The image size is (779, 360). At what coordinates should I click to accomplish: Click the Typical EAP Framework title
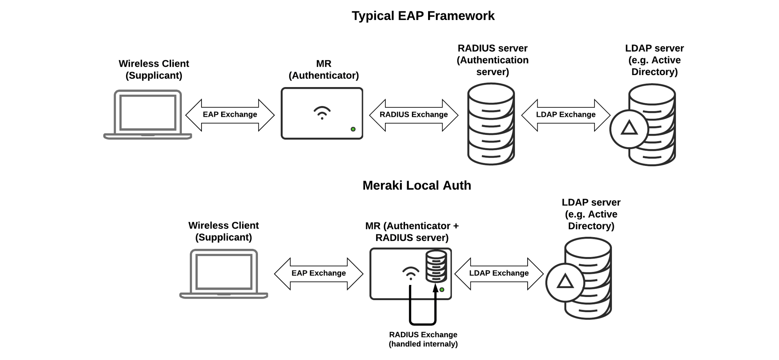click(423, 16)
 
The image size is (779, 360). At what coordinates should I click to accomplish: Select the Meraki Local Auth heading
click(417, 186)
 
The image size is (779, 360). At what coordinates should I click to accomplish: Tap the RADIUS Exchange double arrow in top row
click(414, 115)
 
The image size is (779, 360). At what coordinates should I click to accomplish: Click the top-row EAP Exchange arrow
click(230, 115)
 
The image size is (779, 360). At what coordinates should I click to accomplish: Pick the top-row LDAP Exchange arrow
click(565, 115)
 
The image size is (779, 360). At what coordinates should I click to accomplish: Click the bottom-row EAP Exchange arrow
click(319, 274)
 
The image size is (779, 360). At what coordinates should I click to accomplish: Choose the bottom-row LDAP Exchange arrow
click(499, 274)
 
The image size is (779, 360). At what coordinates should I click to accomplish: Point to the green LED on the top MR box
click(353, 129)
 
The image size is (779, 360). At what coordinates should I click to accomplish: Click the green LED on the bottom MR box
click(442, 290)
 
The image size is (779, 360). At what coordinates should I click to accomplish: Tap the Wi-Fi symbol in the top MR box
click(322, 113)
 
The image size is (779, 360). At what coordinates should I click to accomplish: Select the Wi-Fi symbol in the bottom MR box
click(411, 273)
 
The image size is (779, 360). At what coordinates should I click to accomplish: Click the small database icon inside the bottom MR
click(436, 266)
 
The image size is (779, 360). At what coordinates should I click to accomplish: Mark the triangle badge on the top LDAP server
click(629, 129)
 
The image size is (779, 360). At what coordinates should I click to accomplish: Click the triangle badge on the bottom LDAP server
click(565, 282)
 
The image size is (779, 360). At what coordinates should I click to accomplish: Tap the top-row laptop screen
click(148, 113)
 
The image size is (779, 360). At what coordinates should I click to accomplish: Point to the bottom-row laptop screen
click(224, 272)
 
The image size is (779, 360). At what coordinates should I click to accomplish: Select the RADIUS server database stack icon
click(491, 124)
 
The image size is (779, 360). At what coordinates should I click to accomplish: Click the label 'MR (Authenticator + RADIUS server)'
click(412, 232)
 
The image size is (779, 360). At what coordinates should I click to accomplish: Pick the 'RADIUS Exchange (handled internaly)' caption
click(423, 339)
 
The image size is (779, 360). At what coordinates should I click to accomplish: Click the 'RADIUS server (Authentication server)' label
click(492, 60)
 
